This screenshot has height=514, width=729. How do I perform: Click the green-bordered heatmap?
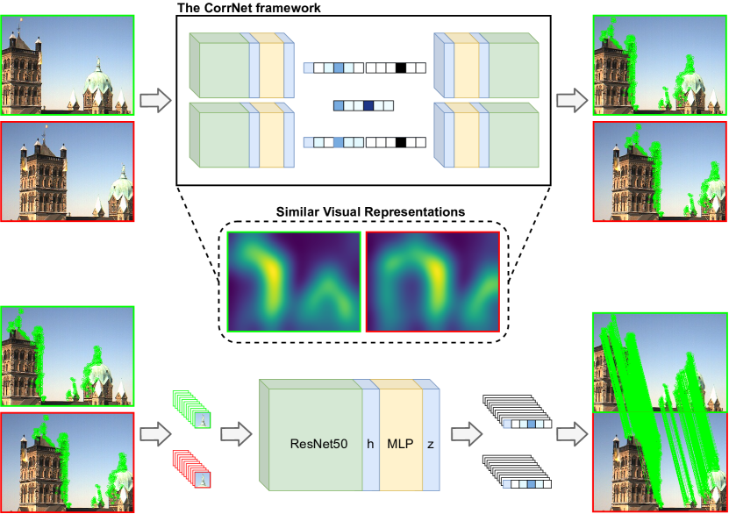[x=294, y=281]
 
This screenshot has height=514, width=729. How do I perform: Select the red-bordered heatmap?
[x=432, y=281]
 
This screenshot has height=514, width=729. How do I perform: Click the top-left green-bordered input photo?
[x=67, y=65]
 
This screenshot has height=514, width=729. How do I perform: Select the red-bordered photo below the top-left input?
[x=67, y=172]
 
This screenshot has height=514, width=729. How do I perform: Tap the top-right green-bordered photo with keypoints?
[x=659, y=65]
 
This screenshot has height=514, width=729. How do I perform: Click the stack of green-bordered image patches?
[x=191, y=410]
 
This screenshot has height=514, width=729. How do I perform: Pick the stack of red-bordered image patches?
[x=191, y=468]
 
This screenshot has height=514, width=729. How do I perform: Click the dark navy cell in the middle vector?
[x=368, y=106]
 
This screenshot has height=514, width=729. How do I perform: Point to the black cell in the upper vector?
[x=400, y=67]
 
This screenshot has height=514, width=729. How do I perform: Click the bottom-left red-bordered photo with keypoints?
[x=67, y=461]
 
